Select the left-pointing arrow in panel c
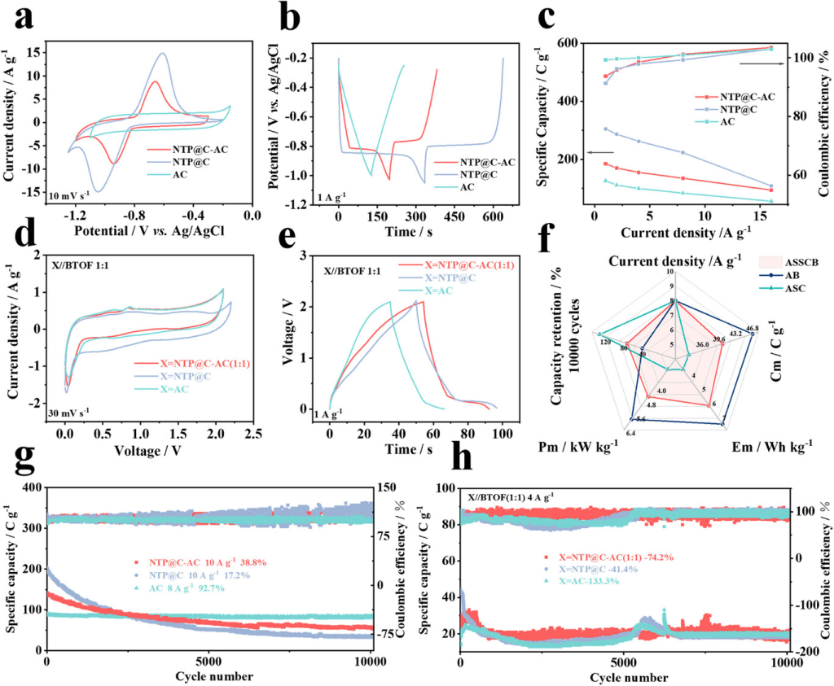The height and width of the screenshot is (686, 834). click(x=601, y=152)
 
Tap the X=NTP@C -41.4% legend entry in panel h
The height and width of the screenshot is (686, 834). click(x=579, y=569)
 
